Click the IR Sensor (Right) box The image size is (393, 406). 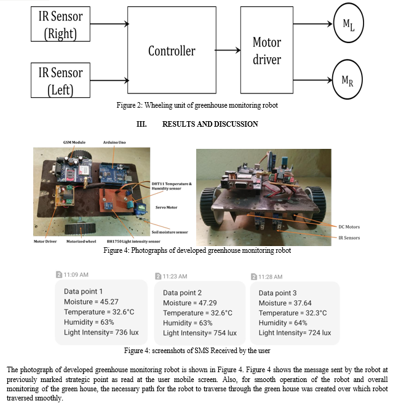coord(60,24)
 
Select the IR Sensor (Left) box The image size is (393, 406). coord(60,80)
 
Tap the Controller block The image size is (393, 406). coord(172,50)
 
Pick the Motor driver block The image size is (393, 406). coord(267,50)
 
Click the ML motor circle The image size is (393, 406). coord(348,23)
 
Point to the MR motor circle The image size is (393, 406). coord(347,79)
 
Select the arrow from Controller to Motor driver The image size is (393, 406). coord(228,50)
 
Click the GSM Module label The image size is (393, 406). coord(74,143)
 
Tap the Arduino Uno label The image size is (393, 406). coord(114,143)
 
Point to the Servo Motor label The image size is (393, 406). coord(166,207)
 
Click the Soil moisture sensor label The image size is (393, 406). coord(170,232)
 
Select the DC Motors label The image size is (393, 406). coord(349,227)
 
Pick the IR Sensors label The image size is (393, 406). coord(349,237)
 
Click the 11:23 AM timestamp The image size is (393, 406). coord(175,277)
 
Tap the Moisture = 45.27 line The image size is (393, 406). coord(91,301)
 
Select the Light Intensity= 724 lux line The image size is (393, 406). coord(295,333)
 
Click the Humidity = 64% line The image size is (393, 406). coord(283,323)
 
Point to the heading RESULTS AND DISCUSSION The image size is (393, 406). coord(210,124)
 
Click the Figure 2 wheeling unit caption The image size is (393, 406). coord(197,105)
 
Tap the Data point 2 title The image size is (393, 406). coord(182,293)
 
